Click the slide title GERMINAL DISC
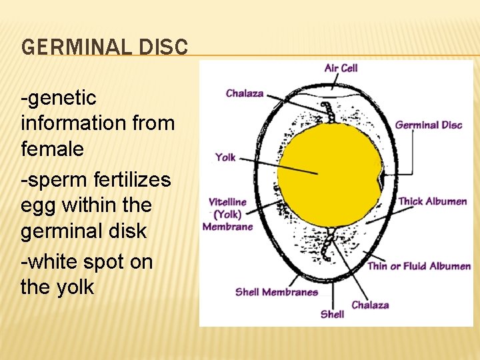pyautogui.click(x=105, y=47)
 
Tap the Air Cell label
pyautogui.click(x=341, y=68)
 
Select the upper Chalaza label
pyautogui.click(x=245, y=93)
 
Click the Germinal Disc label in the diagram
pyautogui.click(x=428, y=125)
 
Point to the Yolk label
pyautogui.click(x=225, y=157)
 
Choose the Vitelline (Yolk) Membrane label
pyautogui.click(x=227, y=214)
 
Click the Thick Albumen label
pyautogui.click(x=432, y=201)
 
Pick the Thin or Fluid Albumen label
pyautogui.click(x=419, y=266)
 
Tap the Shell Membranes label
pyautogui.click(x=276, y=292)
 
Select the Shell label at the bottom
pyautogui.click(x=332, y=313)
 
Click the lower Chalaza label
pyautogui.click(x=370, y=305)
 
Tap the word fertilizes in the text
pyautogui.click(x=131, y=180)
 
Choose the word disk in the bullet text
pyautogui.click(x=129, y=231)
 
